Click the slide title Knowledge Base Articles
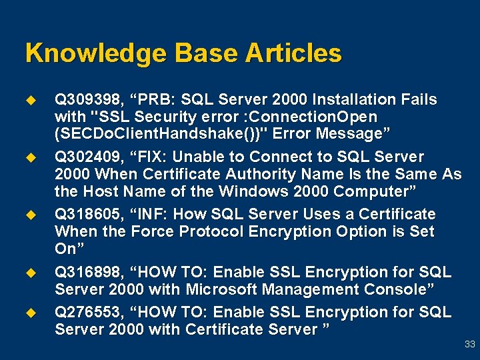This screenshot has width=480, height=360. point(183,53)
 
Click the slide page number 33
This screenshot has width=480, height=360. point(469,345)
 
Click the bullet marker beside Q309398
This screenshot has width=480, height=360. point(30,100)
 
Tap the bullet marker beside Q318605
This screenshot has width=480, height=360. point(30,215)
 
